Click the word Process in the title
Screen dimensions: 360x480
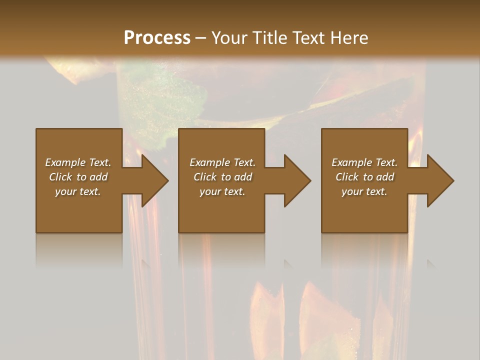tap(157, 38)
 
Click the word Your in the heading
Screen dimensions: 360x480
tap(229, 38)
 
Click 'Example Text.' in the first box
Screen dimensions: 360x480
tap(78, 162)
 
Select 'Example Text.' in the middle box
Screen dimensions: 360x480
tap(222, 162)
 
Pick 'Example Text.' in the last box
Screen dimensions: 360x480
tap(364, 162)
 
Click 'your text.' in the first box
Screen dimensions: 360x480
tap(78, 191)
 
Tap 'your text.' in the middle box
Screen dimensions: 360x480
tap(222, 191)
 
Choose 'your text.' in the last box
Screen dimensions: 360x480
tap(364, 191)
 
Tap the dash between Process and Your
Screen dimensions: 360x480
tap(200, 38)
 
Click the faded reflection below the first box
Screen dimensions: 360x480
tap(79, 250)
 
